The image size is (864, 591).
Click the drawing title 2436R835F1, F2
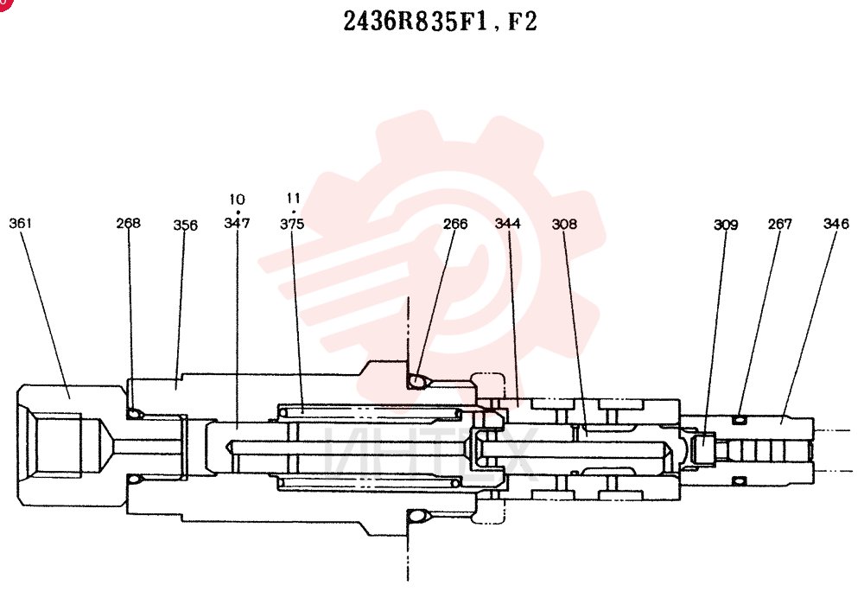pos(440,22)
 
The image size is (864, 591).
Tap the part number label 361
pos(21,223)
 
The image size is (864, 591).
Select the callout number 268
pos(128,223)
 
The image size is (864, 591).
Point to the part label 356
pos(185,226)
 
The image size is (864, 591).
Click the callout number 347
pos(237,223)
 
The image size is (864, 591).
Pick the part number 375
pos(292,224)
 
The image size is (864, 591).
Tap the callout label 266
pos(455,224)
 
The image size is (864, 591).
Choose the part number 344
pos(507,223)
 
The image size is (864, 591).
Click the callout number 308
pos(564,224)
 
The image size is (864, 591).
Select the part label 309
pos(726,226)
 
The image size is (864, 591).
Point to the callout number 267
pos(779,224)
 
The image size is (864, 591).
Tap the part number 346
pos(835,224)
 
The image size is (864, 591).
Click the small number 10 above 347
pos(237,200)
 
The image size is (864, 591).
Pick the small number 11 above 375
pos(293,198)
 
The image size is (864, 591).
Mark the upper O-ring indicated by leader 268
pos(134,414)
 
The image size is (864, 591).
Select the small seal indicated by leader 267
pos(740,420)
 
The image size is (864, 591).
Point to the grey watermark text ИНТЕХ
pos(430,454)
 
